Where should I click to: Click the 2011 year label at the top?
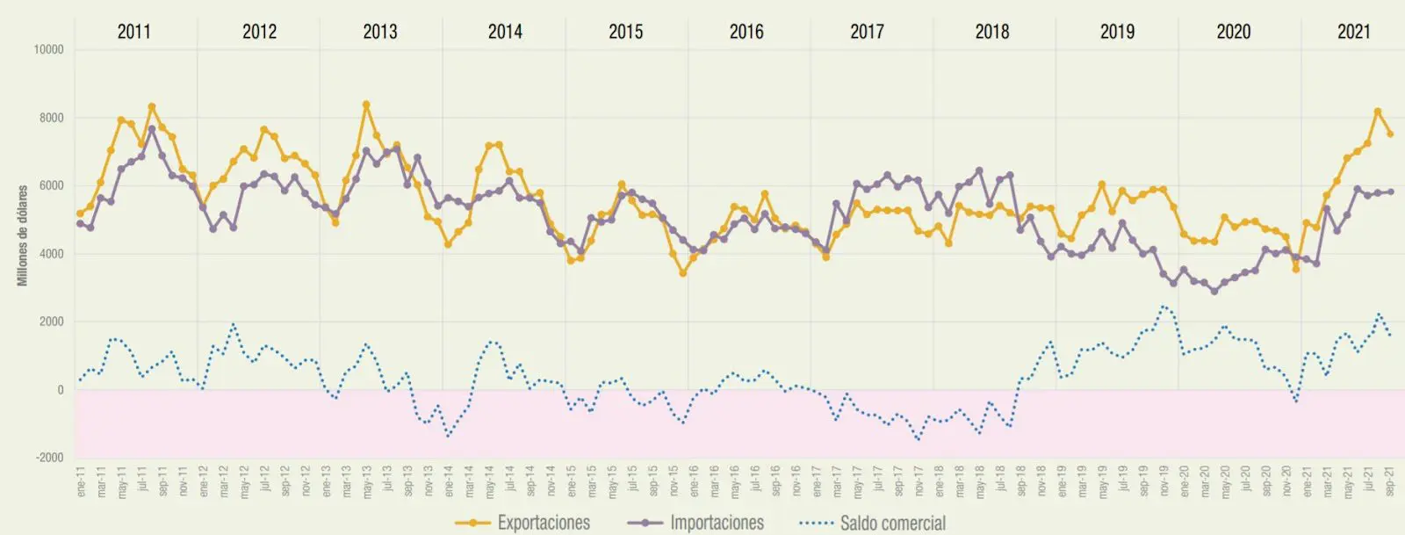point(133,32)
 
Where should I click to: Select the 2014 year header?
point(505,32)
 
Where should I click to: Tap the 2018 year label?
point(991,32)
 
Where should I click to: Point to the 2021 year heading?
point(1353,32)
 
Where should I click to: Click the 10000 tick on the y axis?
point(48,50)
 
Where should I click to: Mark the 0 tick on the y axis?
point(60,390)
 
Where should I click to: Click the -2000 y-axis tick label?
point(50,458)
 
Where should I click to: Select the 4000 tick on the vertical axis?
point(51,254)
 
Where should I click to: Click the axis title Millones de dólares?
point(23,235)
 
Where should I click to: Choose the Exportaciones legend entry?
point(543,523)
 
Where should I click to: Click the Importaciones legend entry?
point(716,523)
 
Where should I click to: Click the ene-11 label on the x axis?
point(81,482)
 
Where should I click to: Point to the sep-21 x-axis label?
point(1389,482)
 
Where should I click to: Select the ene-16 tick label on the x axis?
point(694,482)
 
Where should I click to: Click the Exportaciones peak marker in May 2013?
point(366,105)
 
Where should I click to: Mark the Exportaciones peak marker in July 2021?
point(1378,112)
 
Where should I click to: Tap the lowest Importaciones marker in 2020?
point(1214,291)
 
